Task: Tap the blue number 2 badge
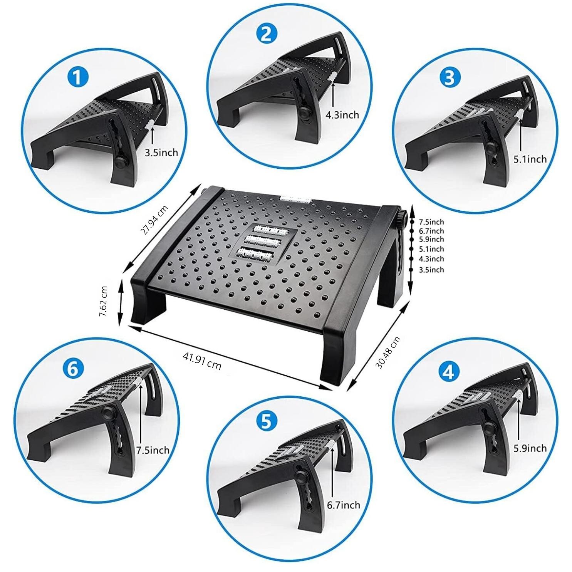(x=266, y=34)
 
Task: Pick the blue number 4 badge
(x=449, y=372)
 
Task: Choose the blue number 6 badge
(x=73, y=369)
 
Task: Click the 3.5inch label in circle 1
(x=161, y=153)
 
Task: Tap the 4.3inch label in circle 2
(x=342, y=114)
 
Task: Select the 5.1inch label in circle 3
(x=530, y=159)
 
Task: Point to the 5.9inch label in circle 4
(x=530, y=448)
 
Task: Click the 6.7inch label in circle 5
(x=344, y=505)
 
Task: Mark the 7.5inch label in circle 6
(x=153, y=450)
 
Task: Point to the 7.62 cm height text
(x=104, y=301)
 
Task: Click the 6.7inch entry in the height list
(x=431, y=231)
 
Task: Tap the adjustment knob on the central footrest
(x=403, y=218)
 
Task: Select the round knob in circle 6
(x=109, y=413)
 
